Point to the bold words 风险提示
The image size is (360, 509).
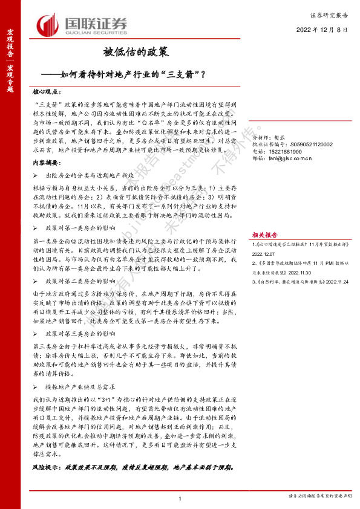click(46, 467)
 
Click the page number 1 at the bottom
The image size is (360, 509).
click(180, 497)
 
